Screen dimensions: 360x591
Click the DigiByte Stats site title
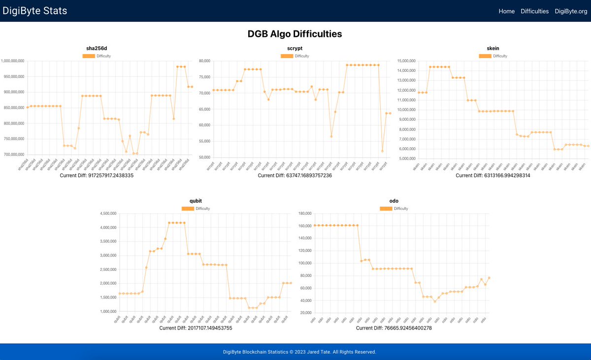[x=35, y=11]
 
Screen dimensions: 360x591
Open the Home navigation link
[x=506, y=11]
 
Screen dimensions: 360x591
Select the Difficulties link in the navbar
[x=534, y=11]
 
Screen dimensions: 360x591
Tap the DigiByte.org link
[x=571, y=11]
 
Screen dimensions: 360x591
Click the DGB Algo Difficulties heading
[x=295, y=34]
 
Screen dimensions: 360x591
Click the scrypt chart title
[x=295, y=48]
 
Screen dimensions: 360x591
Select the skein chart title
[x=492, y=48]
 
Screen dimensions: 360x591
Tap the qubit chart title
[x=196, y=201]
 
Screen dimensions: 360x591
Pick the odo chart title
[x=394, y=201]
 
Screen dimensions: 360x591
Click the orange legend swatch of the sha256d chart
[x=89, y=56]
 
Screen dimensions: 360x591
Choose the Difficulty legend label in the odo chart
[x=401, y=209]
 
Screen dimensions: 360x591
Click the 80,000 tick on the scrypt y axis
[x=204, y=61]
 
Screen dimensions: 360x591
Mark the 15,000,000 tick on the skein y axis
[x=406, y=61]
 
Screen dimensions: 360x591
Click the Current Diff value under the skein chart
[x=492, y=175]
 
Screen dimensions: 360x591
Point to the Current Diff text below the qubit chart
[x=196, y=328]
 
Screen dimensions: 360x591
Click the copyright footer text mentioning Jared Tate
[x=299, y=352]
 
